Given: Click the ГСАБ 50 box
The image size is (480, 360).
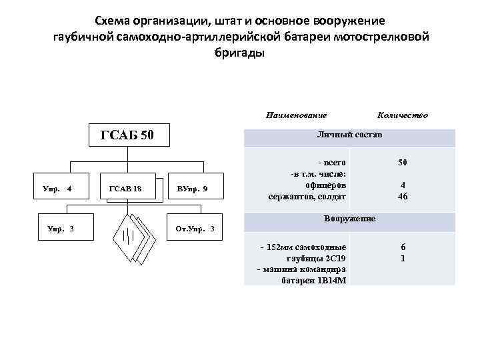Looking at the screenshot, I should pyautogui.click(x=127, y=137).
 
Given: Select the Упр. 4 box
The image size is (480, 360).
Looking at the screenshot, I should pyautogui.click(x=57, y=190).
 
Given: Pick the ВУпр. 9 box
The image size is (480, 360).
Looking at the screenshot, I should pyautogui.click(x=193, y=190).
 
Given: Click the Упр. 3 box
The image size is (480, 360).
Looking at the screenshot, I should pyautogui.click(x=61, y=230).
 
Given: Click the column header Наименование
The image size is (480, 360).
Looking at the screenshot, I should pyautogui.click(x=291, y=115).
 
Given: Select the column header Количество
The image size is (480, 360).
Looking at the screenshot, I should pyautogui.click(x=402, y=115).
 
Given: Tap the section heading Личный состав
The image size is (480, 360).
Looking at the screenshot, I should pyautogui.click(x=349, y=135).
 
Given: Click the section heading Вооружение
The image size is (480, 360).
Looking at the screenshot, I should pyautogui.click(x=349, y=219).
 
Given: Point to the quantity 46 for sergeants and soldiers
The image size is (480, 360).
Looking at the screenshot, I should pyautogui.click(x=402, y=197).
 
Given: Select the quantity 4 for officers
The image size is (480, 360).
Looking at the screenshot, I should pyautogui.click(x=402, y=185).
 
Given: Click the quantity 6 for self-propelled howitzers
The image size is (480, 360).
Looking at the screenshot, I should pyautogui.click(x=402, y=247).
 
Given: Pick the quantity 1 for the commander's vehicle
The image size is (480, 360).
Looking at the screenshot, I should pyautogui.click(x=402, y=258).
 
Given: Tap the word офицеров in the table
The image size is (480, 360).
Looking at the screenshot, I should pyautogui.click(x=325, y=185).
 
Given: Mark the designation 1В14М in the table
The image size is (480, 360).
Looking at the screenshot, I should pyautogui.click(x=332, y=281).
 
